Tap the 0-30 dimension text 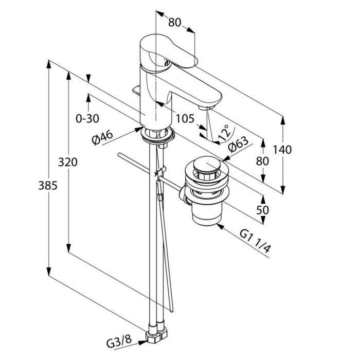tap(87, 119)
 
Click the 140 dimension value tap(282, 150)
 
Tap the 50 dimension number tap(263, 210)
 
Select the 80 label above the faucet tap(175, 23)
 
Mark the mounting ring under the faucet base tap(157, 135)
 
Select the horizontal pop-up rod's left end tap(119, 155)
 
